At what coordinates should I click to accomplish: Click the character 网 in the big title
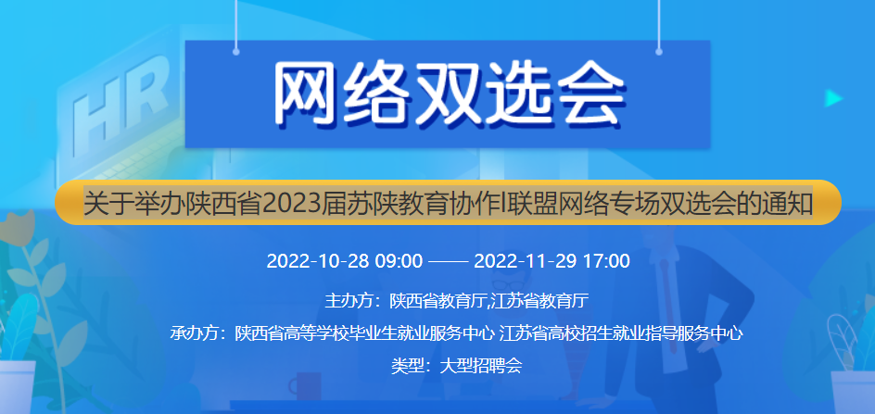[311, 94]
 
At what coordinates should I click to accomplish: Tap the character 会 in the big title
[584, 94]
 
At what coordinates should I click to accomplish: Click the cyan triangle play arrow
[833, 98]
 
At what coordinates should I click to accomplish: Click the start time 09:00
[398, 260]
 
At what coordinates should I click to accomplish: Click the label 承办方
[195, 333]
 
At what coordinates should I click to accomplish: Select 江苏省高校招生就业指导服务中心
[621, 333]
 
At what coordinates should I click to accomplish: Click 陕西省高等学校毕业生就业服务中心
[365, 333]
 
